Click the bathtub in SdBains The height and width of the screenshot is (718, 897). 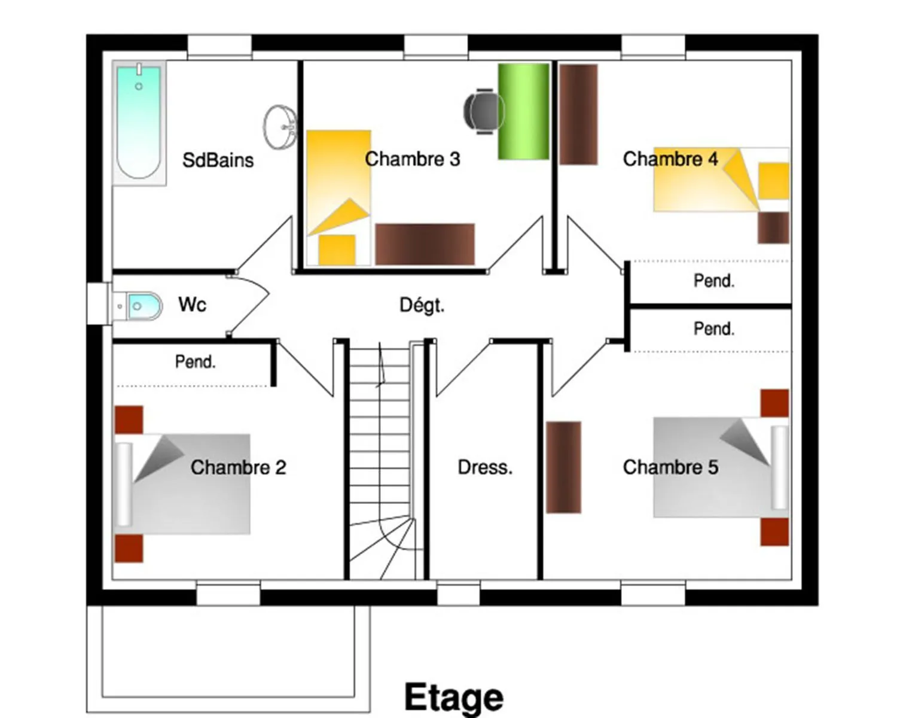tap(139, 123)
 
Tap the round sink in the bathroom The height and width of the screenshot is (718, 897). tap(280, 127)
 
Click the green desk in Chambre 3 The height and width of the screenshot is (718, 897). tap(523, 111)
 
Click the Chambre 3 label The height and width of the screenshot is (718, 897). tap(413, 159)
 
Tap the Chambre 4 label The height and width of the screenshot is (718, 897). tap(670, 159)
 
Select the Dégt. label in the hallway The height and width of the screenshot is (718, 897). tap(422, 305)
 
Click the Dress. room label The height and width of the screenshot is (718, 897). tap(485, 467)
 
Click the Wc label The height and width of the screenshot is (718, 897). tap(192, 305)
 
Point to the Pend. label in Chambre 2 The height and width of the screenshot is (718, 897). tap(196, 362)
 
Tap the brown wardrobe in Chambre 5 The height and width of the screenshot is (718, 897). tap(563, 467)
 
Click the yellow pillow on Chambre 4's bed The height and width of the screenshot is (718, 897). tap(774, 181)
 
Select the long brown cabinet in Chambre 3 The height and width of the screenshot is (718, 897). tap(425, 244)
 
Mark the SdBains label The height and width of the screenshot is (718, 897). tap(218, 160)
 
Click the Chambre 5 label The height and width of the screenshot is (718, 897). tap(671, 467)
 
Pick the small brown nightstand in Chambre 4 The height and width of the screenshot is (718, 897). tap(774, 228)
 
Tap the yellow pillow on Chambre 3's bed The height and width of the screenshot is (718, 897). tap(337, 250)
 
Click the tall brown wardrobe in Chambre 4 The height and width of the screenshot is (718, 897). tap(578, 114)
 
